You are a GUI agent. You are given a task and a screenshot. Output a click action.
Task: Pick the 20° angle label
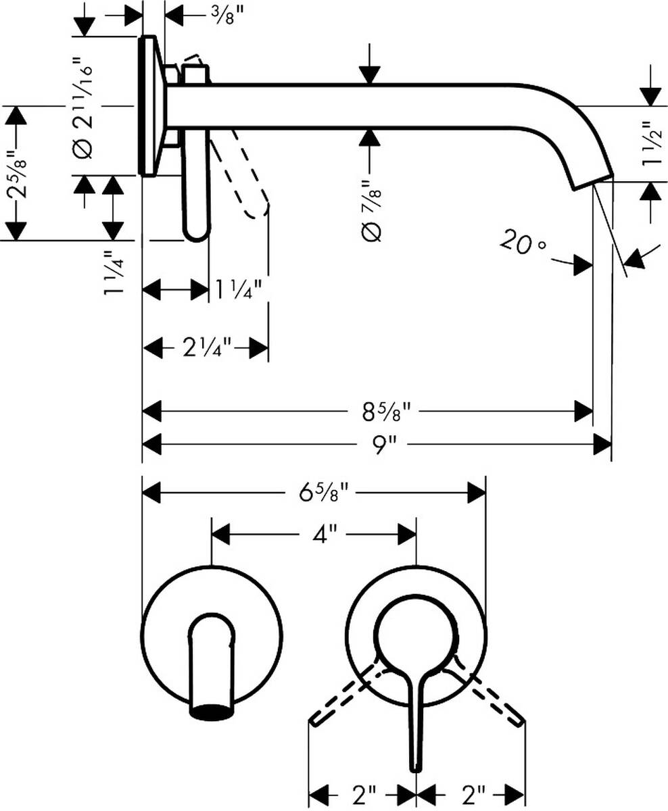point(523,243)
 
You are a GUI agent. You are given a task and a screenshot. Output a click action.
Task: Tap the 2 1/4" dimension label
point(207,349)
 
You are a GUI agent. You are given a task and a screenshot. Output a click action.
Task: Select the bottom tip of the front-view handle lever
point(415,767)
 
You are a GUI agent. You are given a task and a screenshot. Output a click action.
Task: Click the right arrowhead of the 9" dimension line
point(603,445)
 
